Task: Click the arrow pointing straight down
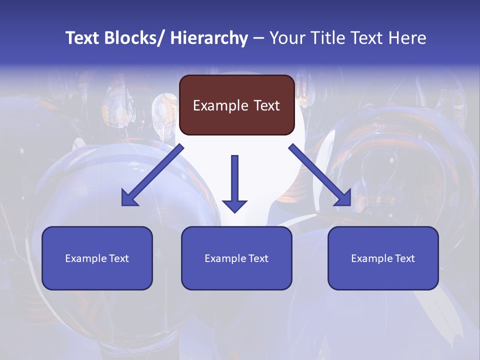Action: coord(234,182)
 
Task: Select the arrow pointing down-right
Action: coord(320,175)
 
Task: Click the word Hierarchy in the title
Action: coord(209,38)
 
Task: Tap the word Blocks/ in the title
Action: coord(131,38)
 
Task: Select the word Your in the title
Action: coord(286,38)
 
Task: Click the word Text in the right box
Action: coord(404,258)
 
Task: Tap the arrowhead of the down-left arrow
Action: coord(129,198)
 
